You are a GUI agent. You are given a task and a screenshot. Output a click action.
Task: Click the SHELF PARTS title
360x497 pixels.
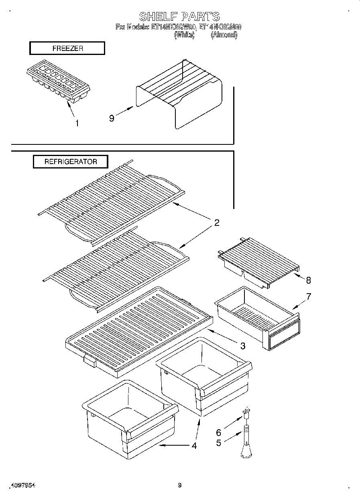pyautogui.click(x=179, y=16)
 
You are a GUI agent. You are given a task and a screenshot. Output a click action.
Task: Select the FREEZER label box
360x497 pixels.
pyautogui.click(x=67, y=48)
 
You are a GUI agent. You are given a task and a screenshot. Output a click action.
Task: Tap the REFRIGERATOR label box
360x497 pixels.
pyautogui.click(x=71, y=162)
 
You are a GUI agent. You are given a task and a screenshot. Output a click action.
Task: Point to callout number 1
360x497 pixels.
pyautogui.click(x=77, y=123)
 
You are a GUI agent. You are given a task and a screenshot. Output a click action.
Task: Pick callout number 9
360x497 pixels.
pyautogui.click(x=112, y=118)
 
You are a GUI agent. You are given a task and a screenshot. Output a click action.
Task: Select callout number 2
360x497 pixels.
pyautogui.click(x=216, y=223)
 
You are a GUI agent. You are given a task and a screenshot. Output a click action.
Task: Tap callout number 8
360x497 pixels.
pyautogui.click(x=308, y=280)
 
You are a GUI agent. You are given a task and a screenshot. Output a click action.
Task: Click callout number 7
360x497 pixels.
pyautogui.click(x=308, y=296)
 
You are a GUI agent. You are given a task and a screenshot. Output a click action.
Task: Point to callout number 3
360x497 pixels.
pyautogui.click(x=242, y=346)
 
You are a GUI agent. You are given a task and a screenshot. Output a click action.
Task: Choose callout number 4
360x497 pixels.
pyautogui.click(x=194, y=445)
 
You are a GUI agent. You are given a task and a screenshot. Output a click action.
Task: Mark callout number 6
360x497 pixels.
pyautogui.click(x=219, y=432)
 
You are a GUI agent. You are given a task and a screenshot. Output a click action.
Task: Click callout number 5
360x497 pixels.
pyautogui.click(x=219, y=443)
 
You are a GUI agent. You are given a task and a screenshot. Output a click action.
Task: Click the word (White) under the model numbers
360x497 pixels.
pyautogui.click(x=184, y=35)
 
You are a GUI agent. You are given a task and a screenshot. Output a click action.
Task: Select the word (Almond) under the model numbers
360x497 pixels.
pyautogui.click(x=224, y=35)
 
